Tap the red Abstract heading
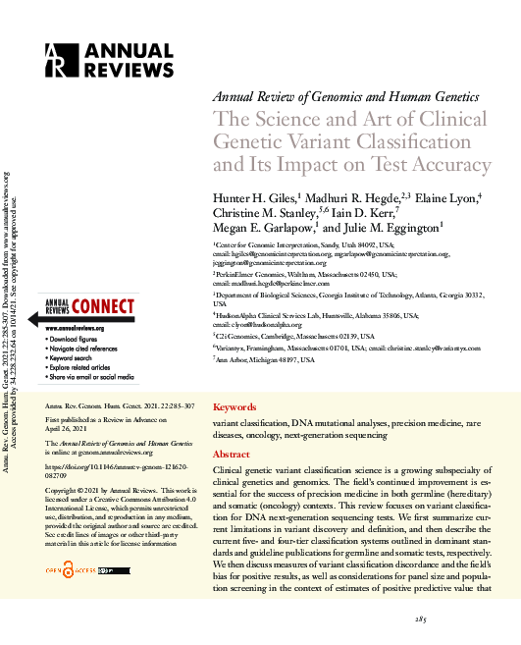pos(232,455)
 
